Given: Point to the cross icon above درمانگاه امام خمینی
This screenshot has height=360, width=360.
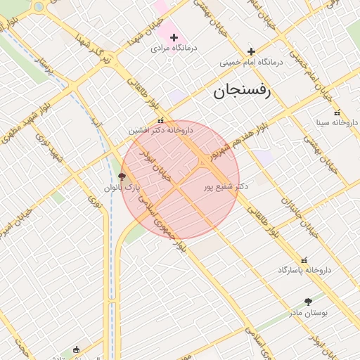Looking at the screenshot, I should point(251,51).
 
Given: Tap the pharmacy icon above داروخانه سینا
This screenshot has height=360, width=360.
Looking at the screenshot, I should point(336,112).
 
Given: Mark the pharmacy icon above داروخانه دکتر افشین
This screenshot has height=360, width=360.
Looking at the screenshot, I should point(161,120).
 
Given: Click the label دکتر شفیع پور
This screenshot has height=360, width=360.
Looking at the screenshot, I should point(226,187).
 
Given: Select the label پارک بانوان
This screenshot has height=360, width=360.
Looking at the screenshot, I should point(123,188).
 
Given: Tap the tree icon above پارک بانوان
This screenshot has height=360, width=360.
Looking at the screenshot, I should point(122,176).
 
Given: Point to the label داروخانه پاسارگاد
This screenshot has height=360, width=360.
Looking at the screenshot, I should point(304,270).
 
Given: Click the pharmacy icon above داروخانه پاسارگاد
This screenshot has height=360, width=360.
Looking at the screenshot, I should point(304,259).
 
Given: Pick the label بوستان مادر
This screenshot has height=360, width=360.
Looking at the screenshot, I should point(308,312).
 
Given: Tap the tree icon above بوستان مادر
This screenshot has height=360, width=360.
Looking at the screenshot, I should point(308,302).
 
